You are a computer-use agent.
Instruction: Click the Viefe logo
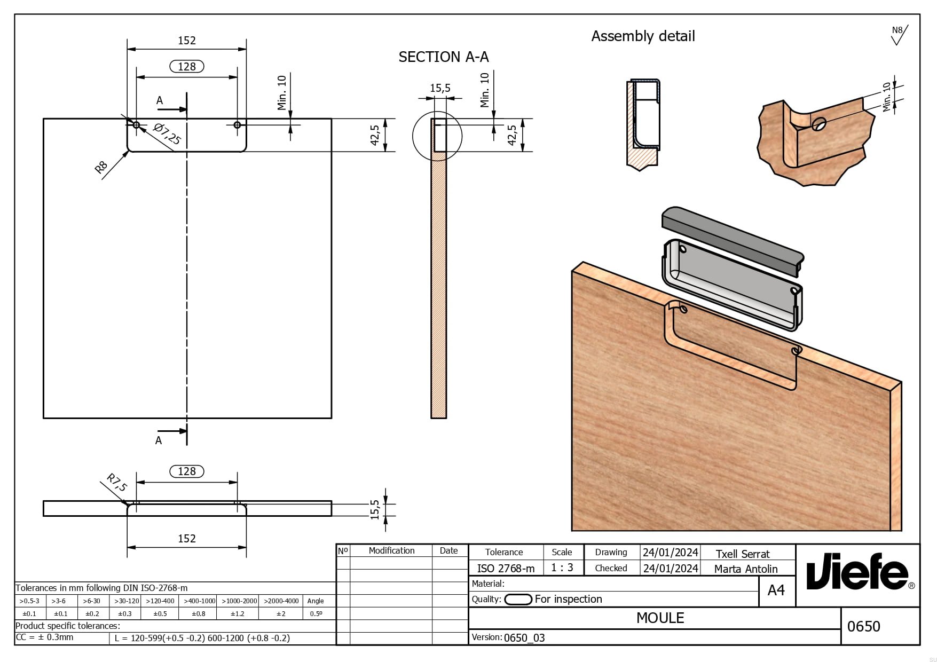click(x=857, y=575)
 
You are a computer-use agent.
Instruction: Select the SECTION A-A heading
click(x=443, y=57)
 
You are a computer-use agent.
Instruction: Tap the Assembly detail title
click(x=643, y=36)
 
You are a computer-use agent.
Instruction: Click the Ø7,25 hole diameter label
click(x=167, y=134)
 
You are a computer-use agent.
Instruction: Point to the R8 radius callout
click(x=101, y=168)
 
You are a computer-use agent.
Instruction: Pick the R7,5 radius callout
click(x=116, y=482)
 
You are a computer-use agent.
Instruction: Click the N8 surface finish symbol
click(x=898, y=35)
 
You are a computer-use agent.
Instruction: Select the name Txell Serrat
click(x=742, y=554)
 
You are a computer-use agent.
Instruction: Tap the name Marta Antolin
click(x=745, y=569)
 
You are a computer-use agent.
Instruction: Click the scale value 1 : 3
click(x=562, y=568)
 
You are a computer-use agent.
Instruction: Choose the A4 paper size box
click(x=776, y=590)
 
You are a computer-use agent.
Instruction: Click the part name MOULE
click(x=660, y=618)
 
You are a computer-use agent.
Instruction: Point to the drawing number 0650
click(x=863, y=626)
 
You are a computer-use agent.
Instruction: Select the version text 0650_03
click(x=524, y=637)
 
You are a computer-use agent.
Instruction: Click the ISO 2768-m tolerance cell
click(x=505, y=569)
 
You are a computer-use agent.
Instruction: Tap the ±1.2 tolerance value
click(x=238, y=614)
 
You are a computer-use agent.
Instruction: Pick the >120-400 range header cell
click(x=160, y=601)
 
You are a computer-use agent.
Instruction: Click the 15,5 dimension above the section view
click(x=440, y=88)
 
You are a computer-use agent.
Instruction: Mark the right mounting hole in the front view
click(x=237, y=125)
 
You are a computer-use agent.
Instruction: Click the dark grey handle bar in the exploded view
click(x=731, y=235)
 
